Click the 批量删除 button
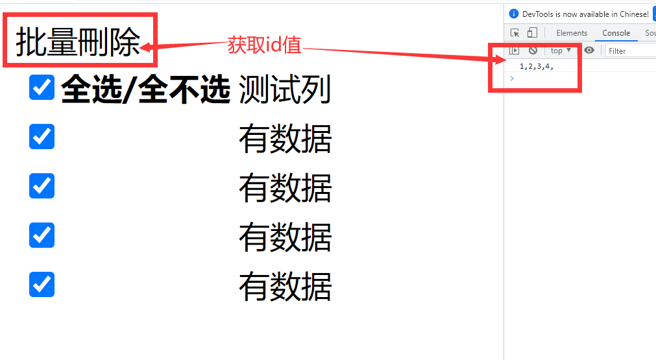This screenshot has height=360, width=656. click(x=78, y=43)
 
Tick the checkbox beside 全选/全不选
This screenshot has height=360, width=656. click(x=42, y=88)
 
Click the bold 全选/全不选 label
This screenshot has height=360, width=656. click(x=145, y=90)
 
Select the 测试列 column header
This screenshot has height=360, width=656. click(x=285, y=90)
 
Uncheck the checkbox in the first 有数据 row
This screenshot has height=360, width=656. click(x=42, y=137)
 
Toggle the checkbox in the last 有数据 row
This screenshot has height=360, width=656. click(x=42, y=284)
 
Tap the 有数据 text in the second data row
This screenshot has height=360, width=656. click(x=285, y=189)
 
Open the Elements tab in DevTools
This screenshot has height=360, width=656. click(x=572, y=33)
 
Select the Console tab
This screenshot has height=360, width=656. click(x=616, y=33)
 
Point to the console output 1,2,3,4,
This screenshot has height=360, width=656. click(x=536, y=67)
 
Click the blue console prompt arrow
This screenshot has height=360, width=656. click(x=512, y=78)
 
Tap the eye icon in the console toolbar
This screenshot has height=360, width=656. click(x=589, y=50)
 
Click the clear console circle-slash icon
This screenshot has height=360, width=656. click(x=533, y=50)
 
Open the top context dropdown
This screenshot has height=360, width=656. click(x=561, y=50)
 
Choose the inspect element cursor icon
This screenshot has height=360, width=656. click(x=515, y=33)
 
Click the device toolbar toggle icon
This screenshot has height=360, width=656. click(x=532, y=33)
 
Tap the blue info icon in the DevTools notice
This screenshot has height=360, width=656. click(x=514, y=14)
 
